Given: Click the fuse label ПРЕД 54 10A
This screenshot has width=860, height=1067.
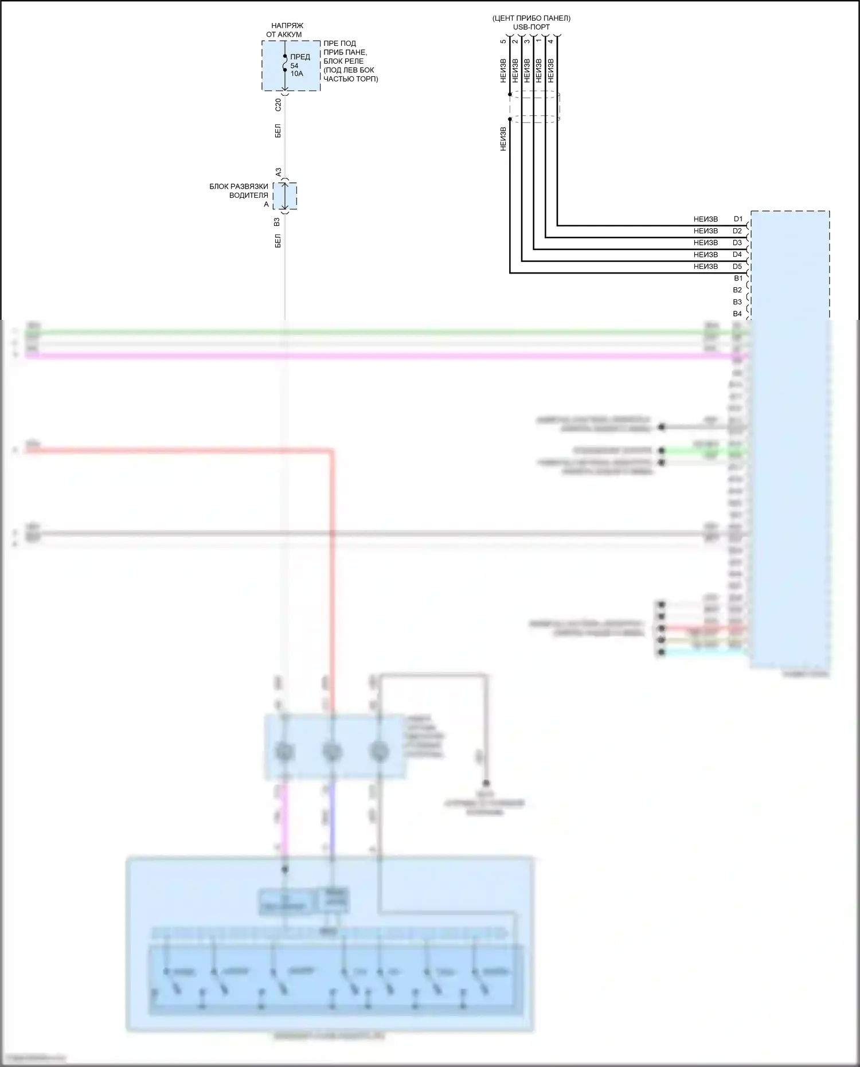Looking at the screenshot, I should tap(299, 65).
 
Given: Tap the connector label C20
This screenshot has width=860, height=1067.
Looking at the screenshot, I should tap(278, 104).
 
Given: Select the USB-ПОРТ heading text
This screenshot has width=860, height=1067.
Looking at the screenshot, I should tap(531, 27).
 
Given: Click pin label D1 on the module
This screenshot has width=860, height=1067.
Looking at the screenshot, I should tap(738, 219).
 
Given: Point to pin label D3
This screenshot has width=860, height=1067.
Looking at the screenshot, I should tap(737, 243).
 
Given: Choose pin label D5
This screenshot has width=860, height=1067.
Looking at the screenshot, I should tap(737, 266).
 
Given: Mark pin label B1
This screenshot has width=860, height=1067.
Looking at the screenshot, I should tap(738, 278).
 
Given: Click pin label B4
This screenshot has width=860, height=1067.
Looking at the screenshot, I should tap(737, 314).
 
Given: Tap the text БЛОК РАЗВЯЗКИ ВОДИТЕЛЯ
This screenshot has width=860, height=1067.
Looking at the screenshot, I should tap(239, 191).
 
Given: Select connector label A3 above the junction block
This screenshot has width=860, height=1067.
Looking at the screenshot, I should tap(278, 172).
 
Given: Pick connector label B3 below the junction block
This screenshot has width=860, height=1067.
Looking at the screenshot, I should tap(277, 221).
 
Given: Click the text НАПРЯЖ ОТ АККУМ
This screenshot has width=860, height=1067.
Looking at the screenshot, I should tap(284, 30).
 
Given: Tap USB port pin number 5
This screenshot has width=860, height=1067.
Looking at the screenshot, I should tap(503, 41).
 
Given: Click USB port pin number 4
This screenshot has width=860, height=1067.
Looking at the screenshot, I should tap(551, 41).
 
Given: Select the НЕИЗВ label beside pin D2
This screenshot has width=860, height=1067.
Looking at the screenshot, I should tap(705, 231).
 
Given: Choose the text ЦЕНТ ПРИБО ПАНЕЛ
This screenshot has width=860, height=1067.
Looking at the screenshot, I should tap(531, 18).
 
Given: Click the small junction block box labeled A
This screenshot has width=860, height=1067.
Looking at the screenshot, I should tap(285, 196).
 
